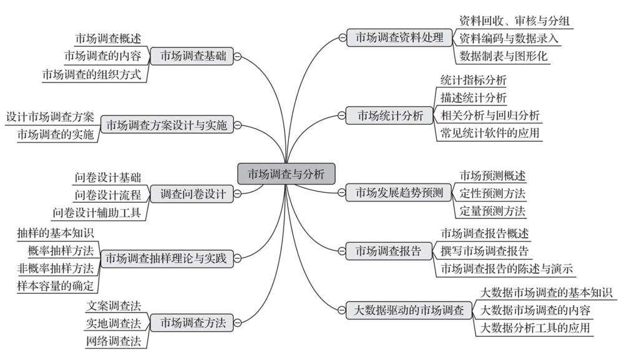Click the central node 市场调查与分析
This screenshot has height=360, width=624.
tap(286, 174)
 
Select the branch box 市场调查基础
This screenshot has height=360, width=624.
tap(192, 56)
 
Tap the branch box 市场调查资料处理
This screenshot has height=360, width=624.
tap(399, 37)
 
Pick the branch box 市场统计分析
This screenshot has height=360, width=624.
tap(389, 115)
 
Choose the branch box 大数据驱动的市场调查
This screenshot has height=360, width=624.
tap(409, 310)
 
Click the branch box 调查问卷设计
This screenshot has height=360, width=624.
tap(192, 193)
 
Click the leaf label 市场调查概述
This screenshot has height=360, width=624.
tap(108, 39)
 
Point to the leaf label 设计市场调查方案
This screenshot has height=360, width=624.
tap(50, 117)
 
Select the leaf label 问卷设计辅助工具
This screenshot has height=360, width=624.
tap(97, 213)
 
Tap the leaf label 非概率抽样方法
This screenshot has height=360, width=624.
tap(56, 268)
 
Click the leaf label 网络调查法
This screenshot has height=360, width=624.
tap(114, 341)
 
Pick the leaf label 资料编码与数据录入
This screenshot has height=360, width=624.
tap(509, 38)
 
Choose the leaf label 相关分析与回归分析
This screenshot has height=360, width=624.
tap(490, 115)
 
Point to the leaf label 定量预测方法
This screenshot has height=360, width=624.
tap(492, 210)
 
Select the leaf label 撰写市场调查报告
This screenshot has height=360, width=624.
tap(484, 251)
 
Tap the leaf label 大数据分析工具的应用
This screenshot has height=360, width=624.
tap(535, 328)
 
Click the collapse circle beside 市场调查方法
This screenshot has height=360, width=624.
tap(237, 322)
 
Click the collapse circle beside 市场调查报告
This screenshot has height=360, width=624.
tap(341, 251)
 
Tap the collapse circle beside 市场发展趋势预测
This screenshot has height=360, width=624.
tap(341, 193)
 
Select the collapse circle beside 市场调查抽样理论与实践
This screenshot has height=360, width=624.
tap(237, 258)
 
